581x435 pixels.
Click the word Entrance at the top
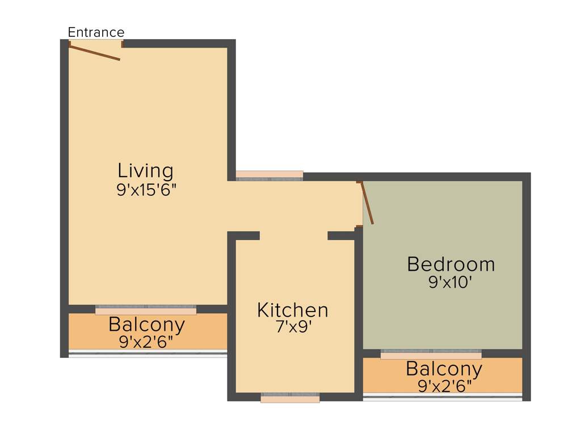click(x=96, y=32)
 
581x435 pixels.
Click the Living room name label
click(x=145, y=170)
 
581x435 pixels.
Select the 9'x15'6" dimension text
click(x=147, y=190)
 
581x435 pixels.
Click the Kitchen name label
click(x=292, y=310)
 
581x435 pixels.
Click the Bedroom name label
click(x=451, y=264)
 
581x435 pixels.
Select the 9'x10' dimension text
click(x=451, y=282)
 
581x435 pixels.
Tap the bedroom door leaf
click(x=367, y=203)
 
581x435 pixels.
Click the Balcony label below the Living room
click(x=146, y=325)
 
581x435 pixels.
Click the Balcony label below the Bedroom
click(x=444, y=369)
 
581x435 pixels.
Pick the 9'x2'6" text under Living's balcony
click(x=146, y=342)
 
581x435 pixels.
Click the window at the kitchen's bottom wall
click(x=290, y=398)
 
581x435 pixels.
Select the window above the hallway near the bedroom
click(x=270, y=176)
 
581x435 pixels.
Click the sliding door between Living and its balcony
click(x=146, y=309)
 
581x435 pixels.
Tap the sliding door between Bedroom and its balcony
click(x=431, y=354)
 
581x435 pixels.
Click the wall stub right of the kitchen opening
click(x=342, y=236)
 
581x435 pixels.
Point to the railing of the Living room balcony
click(x=148, y=354)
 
